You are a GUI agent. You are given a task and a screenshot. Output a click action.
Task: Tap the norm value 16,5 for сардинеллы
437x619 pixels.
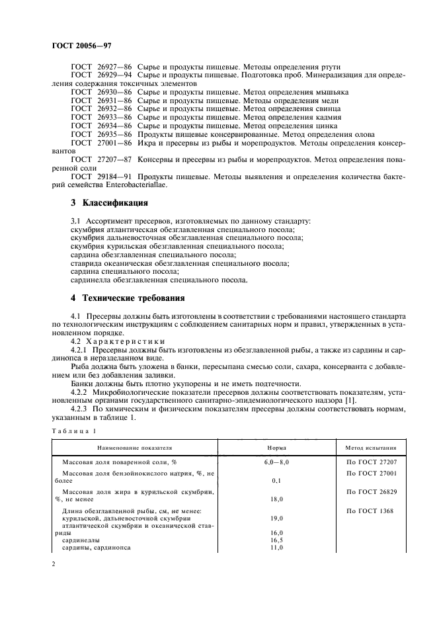276,540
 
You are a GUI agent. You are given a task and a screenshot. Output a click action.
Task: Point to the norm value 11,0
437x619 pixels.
276,548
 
